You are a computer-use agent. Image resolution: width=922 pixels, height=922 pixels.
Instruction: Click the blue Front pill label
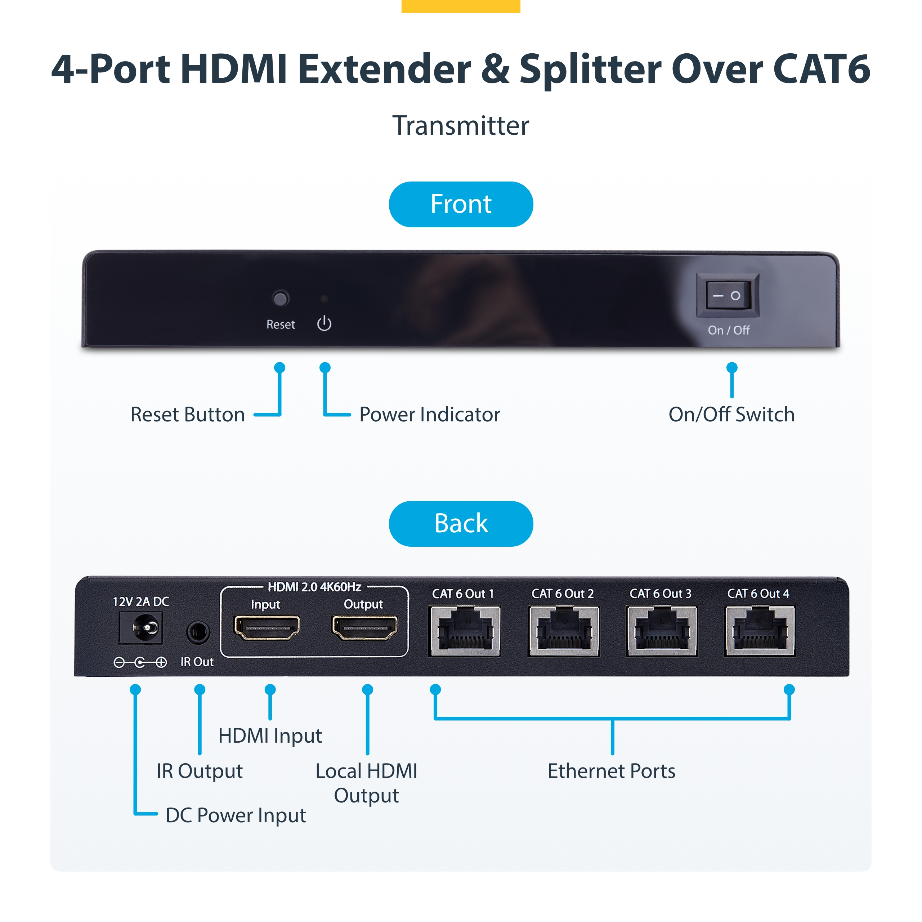tap(461, 204)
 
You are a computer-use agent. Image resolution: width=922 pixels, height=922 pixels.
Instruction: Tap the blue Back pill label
tap(461, 524)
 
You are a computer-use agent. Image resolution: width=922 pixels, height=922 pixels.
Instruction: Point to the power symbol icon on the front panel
tap(324, 323)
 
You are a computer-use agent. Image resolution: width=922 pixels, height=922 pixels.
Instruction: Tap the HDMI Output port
tap(364, 627)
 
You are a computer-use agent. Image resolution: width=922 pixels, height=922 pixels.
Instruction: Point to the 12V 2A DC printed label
tap(141, 601)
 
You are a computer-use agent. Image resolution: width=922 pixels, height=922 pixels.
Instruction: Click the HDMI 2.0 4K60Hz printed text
tap(314, 586)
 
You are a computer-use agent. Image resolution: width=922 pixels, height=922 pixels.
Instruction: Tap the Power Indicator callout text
tap(430, 414)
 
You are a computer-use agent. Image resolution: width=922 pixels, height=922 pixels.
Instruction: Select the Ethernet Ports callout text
tap(611, 771)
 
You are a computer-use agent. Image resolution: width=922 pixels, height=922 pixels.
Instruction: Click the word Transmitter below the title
tap(461, 125)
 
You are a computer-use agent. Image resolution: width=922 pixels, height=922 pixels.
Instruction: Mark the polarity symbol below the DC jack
tap(140, 662)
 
